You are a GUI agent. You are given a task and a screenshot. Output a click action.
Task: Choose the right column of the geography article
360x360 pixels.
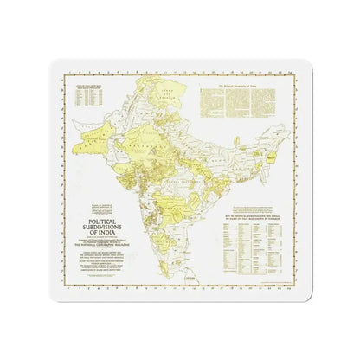[287, 107]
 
